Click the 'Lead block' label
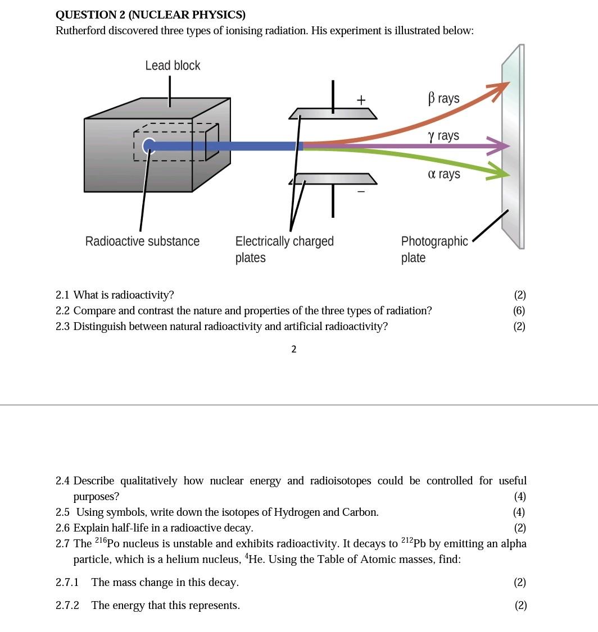point(173,66)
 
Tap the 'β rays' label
point(443,99)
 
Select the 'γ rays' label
point(443,136)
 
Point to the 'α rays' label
point(443,174)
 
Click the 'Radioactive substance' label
point(142,241)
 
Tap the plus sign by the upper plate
point(361,100)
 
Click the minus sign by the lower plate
point(361,191)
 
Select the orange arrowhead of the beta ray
point(499,89)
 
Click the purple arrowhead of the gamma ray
point(500,146)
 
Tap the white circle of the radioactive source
point(148,146)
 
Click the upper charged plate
point(333,114)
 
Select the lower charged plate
point(333,179)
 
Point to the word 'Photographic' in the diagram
point(434,241)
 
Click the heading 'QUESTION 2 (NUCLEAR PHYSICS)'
point(151,15)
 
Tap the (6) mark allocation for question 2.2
point(519,311)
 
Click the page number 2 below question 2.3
point(293,349)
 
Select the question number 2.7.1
point(67,583)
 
